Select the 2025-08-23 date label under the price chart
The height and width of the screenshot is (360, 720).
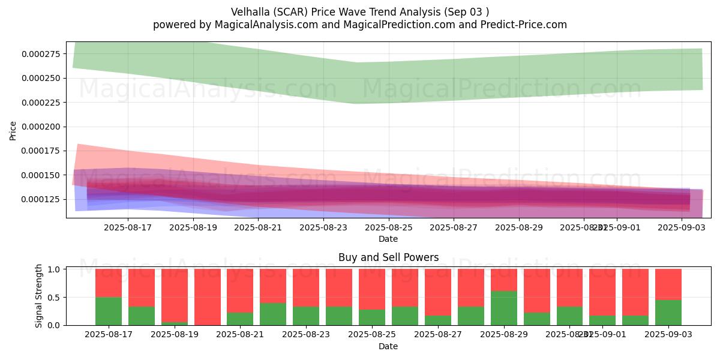tap(323, 228)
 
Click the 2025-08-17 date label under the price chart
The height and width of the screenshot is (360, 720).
tap(128, 228)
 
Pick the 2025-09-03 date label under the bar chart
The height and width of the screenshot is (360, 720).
tap(668, 334)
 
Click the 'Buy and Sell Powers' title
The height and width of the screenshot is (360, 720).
tap(388, 257)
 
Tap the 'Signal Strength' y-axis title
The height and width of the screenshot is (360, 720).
tap(39, 296)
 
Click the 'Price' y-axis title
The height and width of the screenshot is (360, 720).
tap(13, 131)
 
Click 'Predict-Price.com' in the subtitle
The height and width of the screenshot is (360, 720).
tap(526, 25)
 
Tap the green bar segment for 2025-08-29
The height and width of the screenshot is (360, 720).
tap(504, 308)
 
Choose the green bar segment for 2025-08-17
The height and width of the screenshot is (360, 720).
tap(109, 311)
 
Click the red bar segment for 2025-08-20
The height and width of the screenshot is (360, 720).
tap(207, 296)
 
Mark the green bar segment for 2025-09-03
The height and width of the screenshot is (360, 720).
tap(668, 312)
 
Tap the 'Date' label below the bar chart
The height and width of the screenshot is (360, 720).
tap(388, 346)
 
